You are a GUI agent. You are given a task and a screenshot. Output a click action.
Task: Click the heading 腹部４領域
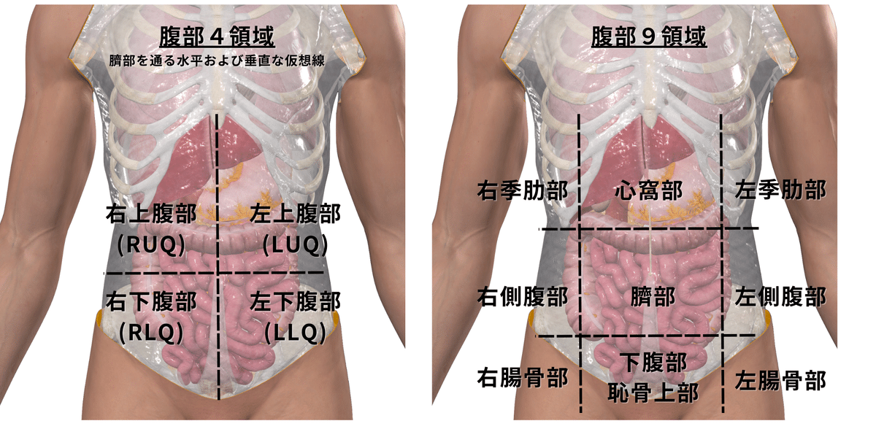217,37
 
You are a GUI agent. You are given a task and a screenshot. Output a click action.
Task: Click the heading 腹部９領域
648,37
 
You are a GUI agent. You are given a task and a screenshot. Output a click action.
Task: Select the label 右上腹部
150,214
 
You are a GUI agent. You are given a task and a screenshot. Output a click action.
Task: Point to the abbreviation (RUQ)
150,246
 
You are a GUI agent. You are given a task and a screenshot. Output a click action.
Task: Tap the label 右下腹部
150,301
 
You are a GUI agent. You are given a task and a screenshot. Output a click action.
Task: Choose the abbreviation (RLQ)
150,333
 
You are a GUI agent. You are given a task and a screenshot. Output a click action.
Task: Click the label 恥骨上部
653,393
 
